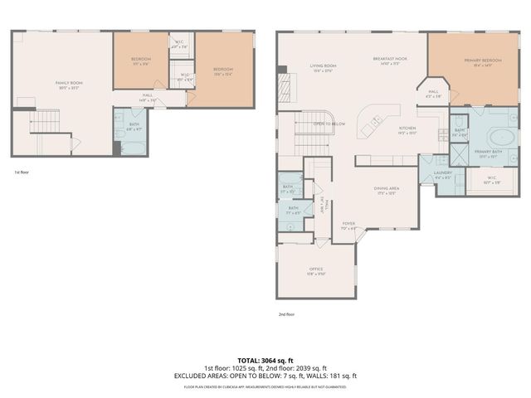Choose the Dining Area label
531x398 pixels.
point(387,189)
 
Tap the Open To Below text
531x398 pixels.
point(329,124)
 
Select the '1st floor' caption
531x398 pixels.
point(22,172)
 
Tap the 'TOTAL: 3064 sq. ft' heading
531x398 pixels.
point(265,360)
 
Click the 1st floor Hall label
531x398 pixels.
point(147,95)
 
